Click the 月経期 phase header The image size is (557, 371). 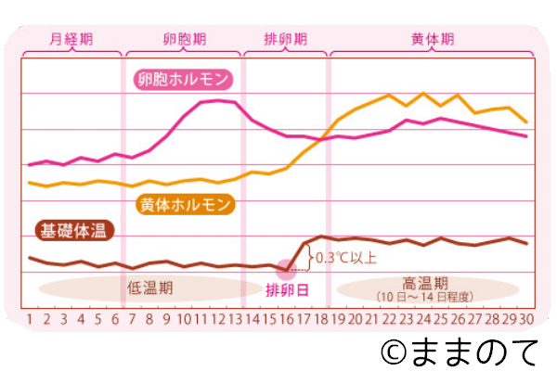(71, 40)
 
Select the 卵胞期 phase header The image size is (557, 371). (179, 40)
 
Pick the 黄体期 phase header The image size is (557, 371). (432, 40)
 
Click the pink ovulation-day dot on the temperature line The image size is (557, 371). (287, 269)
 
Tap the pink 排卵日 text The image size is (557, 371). (288, 290)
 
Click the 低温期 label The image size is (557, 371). (150, 288)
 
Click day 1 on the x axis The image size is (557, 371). (30, 320)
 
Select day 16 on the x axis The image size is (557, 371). (287, 320)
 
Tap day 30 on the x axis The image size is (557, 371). (526, 320)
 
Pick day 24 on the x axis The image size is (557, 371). (423, 320)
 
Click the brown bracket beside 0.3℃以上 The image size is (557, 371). (310, 257)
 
